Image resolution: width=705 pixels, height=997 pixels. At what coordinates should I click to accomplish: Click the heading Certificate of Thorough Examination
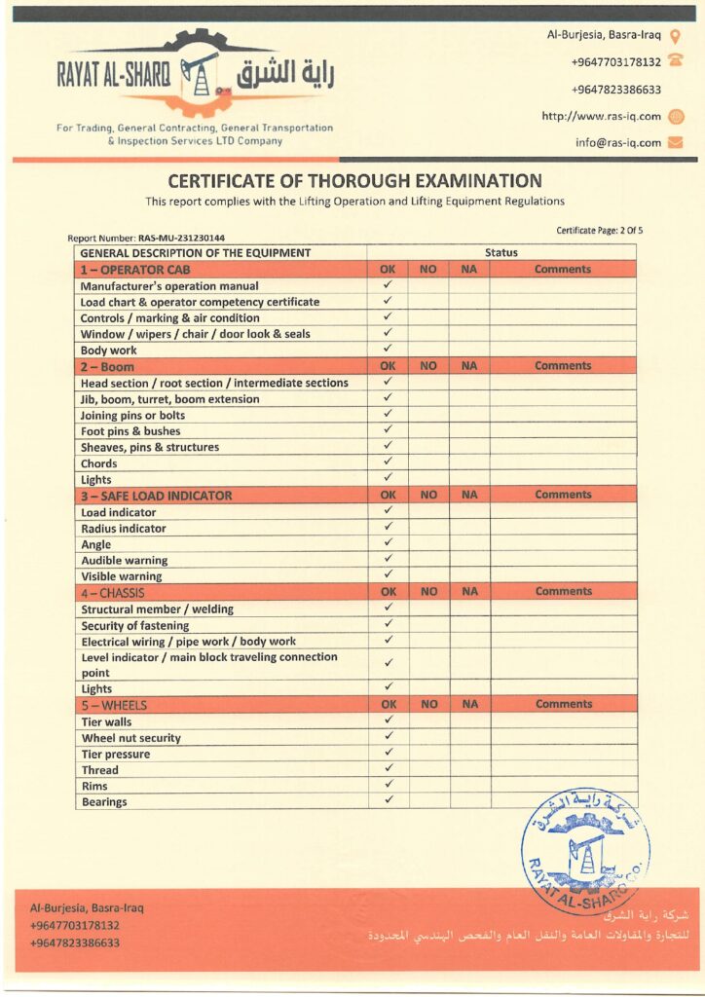pos(354,181)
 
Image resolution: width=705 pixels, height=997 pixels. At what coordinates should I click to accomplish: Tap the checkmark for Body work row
pos(388,349)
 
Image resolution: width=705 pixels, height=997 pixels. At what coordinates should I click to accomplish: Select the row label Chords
pos(99,463)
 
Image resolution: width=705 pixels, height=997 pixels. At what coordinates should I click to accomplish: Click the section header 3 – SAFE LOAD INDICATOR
pos(157,496)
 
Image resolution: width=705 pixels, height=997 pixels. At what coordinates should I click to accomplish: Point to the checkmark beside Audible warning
pos(388,559)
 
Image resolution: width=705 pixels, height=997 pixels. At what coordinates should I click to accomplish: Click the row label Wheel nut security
pos(130,738)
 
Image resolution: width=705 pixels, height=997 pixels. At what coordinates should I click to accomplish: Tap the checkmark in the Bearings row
pos(388,800)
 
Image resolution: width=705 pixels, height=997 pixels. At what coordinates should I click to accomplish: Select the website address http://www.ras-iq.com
pos(601,117)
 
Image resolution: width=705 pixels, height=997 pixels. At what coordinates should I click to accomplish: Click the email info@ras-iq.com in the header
pos(617,142)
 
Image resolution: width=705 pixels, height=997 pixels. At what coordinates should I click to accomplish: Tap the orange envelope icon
pos(676,142)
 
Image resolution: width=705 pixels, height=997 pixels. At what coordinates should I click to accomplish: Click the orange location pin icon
pos(676,36)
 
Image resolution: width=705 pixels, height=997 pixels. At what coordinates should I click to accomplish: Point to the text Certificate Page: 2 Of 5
pos(600,231)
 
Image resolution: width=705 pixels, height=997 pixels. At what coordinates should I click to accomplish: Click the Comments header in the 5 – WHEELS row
pos(563,704)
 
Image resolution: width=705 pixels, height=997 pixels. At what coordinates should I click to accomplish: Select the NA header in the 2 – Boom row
pos(469,366)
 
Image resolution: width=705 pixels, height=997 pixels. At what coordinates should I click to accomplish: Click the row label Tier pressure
pos(116,755)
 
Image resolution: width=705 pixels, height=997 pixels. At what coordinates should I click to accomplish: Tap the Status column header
pos(501,253)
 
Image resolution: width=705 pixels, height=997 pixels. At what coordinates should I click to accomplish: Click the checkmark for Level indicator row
pos(388,663)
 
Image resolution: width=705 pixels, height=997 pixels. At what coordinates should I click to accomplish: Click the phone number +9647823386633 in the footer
pos(75,942)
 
